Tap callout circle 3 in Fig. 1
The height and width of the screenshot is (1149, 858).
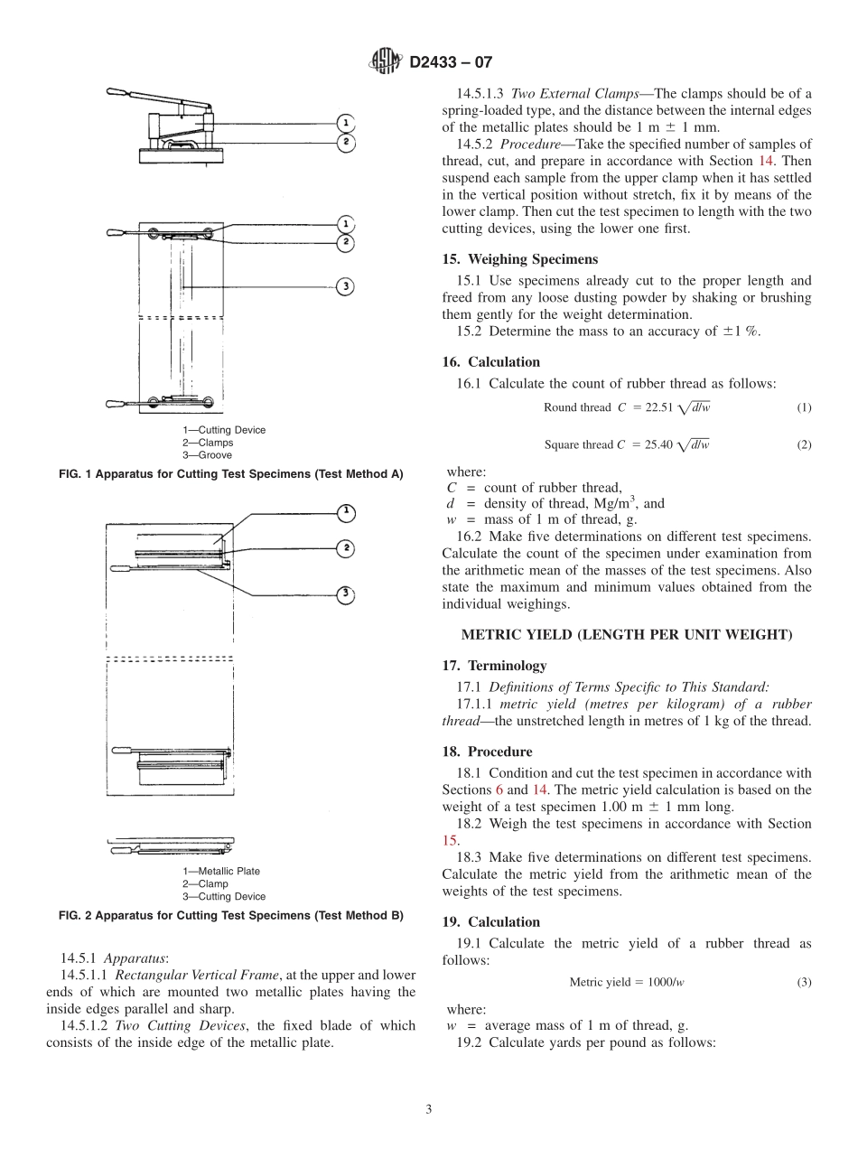(344, 286)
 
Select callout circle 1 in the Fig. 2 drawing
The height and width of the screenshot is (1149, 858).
(344, 513)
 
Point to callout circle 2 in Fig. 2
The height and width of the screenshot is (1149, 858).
(344, 548)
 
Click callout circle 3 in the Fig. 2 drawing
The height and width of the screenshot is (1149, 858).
(344, 593)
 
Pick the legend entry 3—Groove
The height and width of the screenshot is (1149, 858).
(207, 455)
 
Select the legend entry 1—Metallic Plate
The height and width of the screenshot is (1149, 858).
(220, 871)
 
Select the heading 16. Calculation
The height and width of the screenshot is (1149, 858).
(490, 362)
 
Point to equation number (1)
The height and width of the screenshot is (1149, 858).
(803, 407)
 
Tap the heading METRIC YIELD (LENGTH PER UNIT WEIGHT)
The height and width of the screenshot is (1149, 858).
(627, 635)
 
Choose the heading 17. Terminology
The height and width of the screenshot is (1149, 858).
(494, 666)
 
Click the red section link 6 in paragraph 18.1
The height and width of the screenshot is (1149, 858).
(499, 789)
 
